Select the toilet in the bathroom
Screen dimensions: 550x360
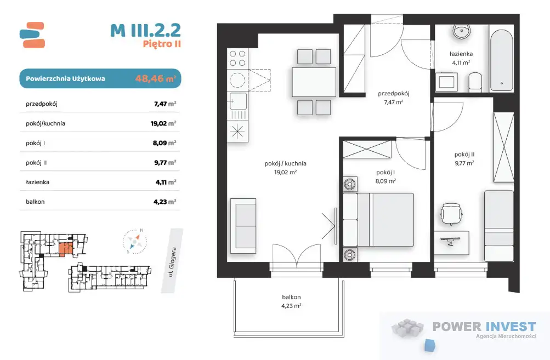coord(475,82)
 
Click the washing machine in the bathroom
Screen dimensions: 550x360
coord(447,82)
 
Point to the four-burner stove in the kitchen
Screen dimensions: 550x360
coord(237,59)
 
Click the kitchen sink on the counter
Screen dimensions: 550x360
coord(237,101)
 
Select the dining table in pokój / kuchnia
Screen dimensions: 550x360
coord(314,82)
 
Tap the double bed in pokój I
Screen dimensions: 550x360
coord(378,219)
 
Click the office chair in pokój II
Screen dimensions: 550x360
coord(451,214)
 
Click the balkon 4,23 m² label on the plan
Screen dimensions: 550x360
coord(291,301)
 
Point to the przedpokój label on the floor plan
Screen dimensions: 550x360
coord(394,94)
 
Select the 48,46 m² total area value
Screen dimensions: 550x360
coord(155,78)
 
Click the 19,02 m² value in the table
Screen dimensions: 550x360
coord(163,123)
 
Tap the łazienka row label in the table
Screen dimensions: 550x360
coord(37,182)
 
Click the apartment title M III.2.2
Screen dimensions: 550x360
coord(145,30)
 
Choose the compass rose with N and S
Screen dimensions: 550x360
coord(135,241)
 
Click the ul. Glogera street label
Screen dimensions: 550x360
coord(172,261)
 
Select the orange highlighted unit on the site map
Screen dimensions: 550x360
coord(66,249)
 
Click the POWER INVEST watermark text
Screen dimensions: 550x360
coord(484,327)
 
